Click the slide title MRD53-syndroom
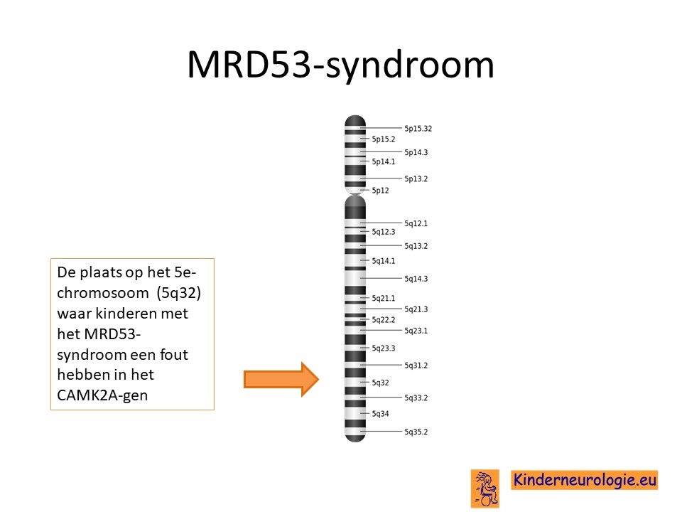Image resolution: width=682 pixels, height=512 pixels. point(340,65)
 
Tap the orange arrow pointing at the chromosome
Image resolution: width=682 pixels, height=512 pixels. point(281,379)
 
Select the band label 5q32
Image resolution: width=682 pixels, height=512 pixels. point(380,383)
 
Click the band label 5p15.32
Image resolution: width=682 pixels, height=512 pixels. point(418,129)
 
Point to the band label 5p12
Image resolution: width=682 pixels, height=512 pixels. point(380,191)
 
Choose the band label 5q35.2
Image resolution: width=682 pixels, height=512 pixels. point(416,432)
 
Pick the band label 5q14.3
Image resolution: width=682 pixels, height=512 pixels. point(416,279)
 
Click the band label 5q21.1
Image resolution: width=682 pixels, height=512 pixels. point(383,298)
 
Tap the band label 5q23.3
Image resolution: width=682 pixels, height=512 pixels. point(383,348)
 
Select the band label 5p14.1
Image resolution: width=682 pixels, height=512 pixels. point(383,161)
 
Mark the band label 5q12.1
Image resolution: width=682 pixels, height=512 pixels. point(416,223)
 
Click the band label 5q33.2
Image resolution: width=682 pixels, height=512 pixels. point(416,398)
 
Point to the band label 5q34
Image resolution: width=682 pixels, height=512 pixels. point(380,414)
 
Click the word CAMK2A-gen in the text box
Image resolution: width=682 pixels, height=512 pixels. point(102,395)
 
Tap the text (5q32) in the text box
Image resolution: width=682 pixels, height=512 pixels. point(179,293)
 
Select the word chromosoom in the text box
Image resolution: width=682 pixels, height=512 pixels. point(102,293)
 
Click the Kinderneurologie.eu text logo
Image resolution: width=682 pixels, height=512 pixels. point(584,480)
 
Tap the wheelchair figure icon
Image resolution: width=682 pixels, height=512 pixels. point(485,489)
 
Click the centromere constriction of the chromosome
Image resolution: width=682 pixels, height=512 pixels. point(355,194)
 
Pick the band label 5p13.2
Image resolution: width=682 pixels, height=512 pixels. point(416,179)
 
